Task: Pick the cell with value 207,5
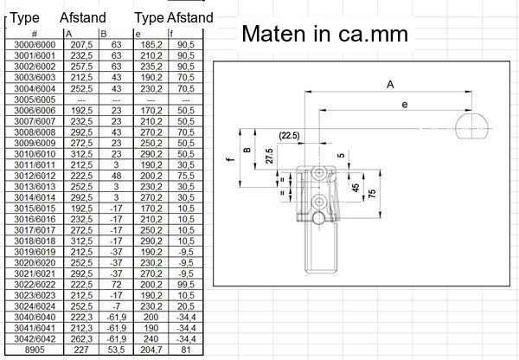[x=81, y=43]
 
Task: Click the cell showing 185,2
[x=151, y=43]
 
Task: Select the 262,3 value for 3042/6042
[x=81, y=339]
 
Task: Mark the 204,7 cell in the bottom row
[x=151, y=350]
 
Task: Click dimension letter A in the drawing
[x=390, y=85]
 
